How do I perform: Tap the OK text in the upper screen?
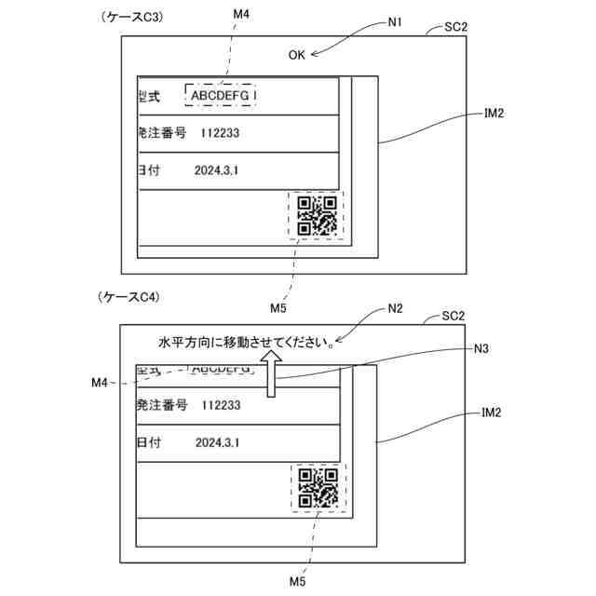point(296,55)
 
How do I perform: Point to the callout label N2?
point(395,309)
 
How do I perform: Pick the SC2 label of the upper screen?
point(454,27)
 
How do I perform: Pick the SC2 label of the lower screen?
point(454,317)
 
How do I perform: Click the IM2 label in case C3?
point(494,114)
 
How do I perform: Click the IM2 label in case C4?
point(494,411)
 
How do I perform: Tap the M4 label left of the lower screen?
point(102,383)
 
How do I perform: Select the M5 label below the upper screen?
point(278,307)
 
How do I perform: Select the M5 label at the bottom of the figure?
point(297,581)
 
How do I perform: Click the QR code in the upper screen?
point(317,216)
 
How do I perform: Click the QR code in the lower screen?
point(318,487)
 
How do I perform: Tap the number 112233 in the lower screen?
point(221,405)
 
